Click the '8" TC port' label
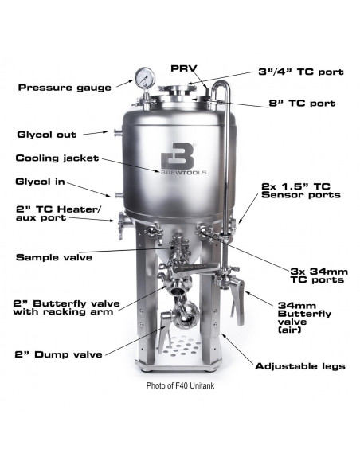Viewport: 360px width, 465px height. coord(288,103)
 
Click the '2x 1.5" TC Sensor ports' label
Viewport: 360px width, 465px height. coord(302,189)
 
